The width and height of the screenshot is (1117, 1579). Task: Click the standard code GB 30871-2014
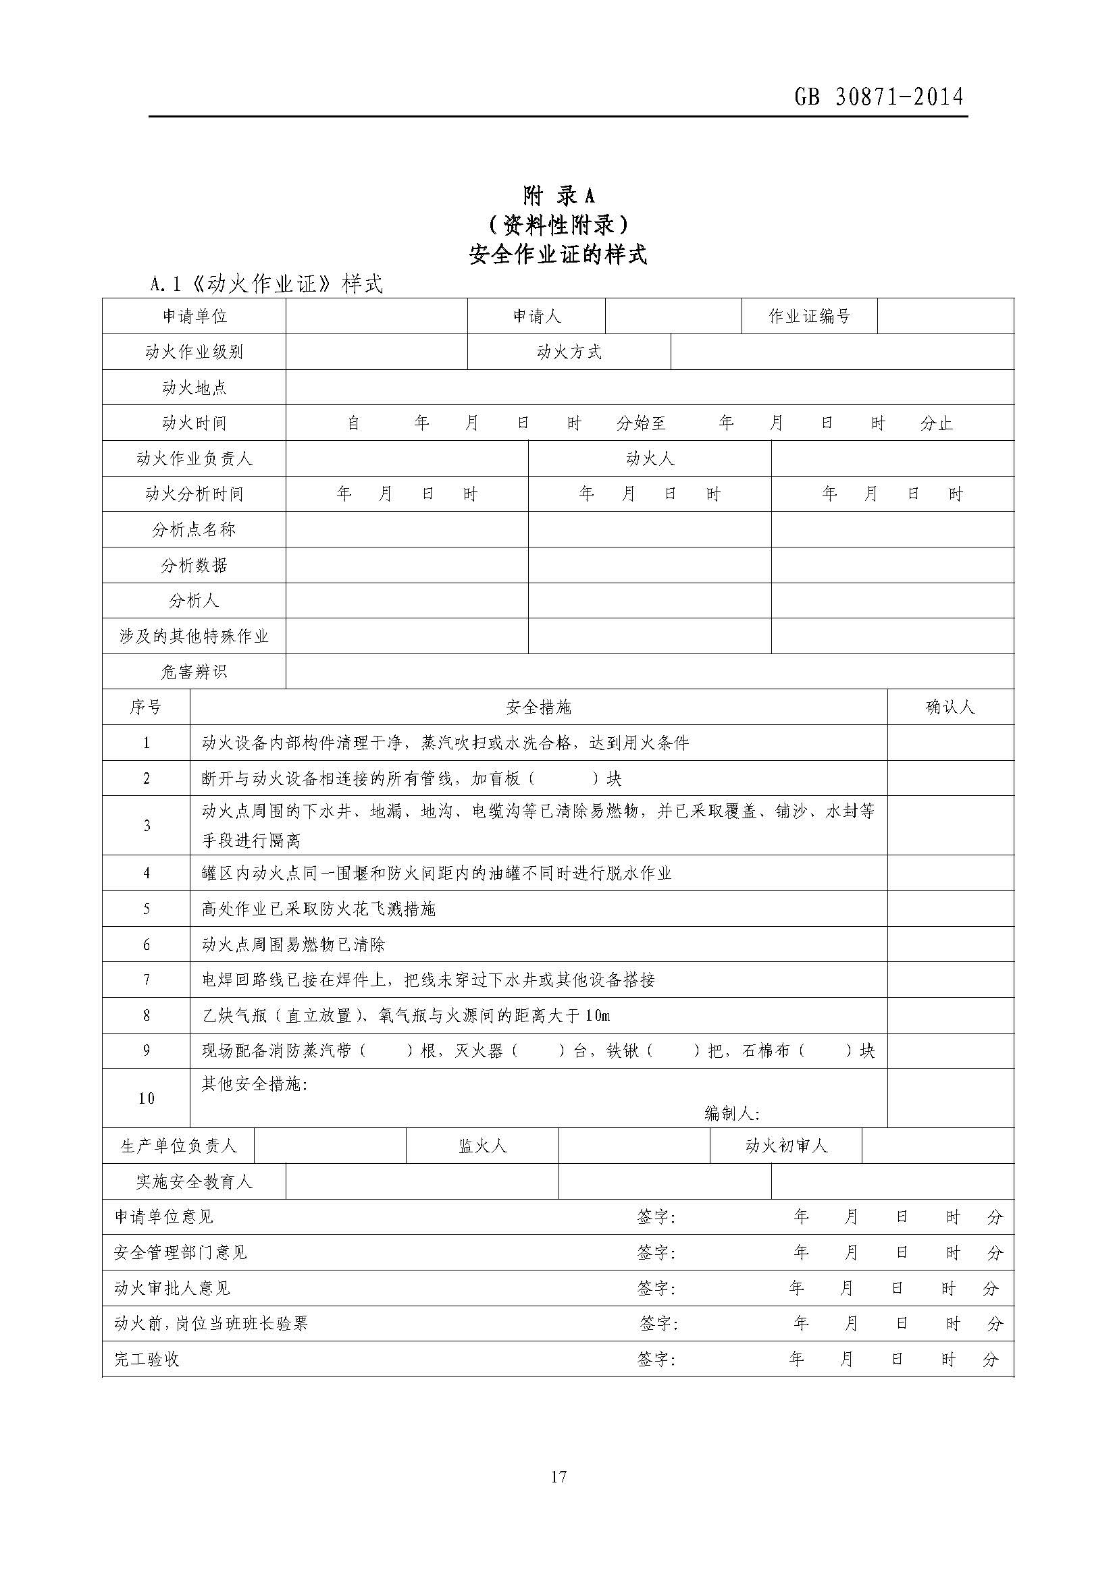879,97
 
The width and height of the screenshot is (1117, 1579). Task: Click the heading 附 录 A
558,196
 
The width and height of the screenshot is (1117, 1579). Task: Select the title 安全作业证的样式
558,255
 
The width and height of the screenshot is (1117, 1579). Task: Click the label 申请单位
194,317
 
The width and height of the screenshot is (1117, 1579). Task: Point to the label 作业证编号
810,317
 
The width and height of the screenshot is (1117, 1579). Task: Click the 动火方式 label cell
569,352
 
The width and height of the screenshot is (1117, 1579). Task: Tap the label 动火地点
194,388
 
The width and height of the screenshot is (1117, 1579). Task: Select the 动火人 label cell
649,458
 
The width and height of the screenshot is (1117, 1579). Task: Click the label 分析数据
194,565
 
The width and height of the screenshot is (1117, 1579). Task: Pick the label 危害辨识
194,672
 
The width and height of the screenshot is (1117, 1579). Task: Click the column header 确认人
950,707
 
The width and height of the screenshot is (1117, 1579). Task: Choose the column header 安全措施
538,707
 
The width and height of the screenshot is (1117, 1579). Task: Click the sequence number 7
147,980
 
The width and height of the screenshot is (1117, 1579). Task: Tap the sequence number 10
147,1098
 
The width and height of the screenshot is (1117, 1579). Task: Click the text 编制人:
732,1113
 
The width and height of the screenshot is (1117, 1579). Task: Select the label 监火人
482,1146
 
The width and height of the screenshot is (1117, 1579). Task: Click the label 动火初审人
785,1146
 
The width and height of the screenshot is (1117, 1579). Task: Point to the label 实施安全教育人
194,1181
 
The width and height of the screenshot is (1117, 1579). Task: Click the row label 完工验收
147,1360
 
